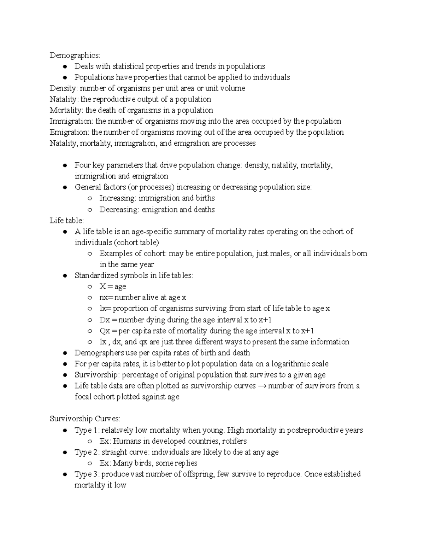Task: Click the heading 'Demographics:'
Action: pos(75,56)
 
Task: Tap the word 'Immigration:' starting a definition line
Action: pos(72,121)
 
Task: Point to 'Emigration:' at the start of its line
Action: pos(70,132)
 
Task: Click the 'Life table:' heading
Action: pos(67,220)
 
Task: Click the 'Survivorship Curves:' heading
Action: pos(85,419)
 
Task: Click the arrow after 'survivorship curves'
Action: pos(262,386)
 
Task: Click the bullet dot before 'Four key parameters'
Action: pos(64,165)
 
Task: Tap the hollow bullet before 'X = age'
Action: pos(90,287)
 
